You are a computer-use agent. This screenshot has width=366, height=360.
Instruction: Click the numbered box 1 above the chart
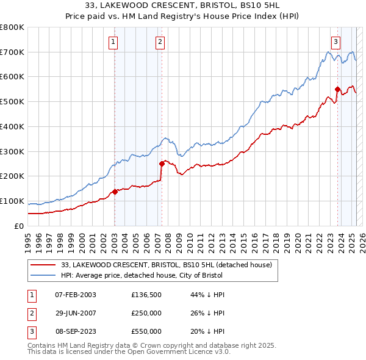pos(113,42)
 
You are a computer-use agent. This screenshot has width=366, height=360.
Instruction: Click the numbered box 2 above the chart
pos(159,42)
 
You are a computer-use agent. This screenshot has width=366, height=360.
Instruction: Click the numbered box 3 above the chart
pos(335,42)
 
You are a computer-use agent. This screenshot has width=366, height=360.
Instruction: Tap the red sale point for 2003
pos(115,192)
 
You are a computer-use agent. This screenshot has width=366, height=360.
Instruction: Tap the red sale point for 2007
pos(162,164)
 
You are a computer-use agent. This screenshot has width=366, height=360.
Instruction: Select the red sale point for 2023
pos(337,89)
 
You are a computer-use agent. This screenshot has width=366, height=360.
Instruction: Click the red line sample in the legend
pos(43,265)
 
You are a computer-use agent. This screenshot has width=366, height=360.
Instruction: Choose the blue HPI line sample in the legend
pos(43,275)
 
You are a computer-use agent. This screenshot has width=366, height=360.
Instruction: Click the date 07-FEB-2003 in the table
pos(76,295)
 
